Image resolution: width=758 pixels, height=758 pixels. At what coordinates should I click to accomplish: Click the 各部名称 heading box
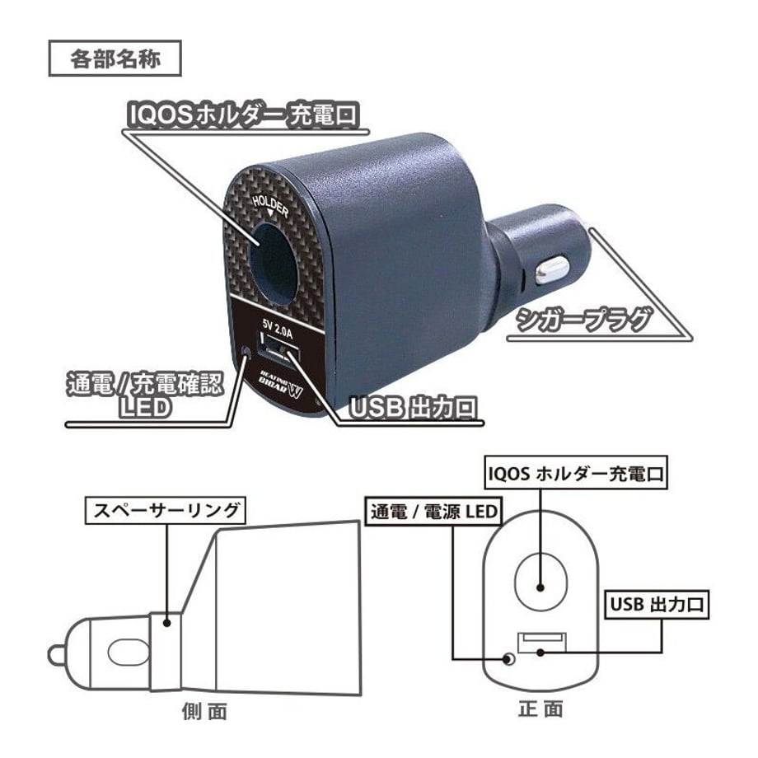(x=115, y=58)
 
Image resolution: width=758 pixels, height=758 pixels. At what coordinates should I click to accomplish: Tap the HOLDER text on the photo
(x=271, y=206)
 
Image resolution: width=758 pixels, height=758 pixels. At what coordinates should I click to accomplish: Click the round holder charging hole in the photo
(x=272, y=264)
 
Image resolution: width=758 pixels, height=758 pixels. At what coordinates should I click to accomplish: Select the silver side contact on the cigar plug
(x=551, y=271)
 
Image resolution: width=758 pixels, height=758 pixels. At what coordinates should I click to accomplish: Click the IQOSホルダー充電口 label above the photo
(x=243, y=115)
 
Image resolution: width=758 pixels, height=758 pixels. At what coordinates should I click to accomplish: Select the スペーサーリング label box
(x=166, y=510)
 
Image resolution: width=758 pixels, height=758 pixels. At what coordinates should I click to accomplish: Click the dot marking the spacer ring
(x=166, y=623)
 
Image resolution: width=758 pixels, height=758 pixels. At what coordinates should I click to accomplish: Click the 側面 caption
(x=204, y=711)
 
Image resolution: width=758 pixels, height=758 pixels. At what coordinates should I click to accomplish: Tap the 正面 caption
(x=540, y=709)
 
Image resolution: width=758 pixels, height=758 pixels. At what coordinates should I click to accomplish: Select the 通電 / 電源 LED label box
(x=433, y=512)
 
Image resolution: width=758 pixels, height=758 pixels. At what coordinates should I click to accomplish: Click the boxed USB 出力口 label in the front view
(x=657, y=604)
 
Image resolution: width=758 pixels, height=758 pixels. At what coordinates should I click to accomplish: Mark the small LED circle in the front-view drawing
(x=508, y=659)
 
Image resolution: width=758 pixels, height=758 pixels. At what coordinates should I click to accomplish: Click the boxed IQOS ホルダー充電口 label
(x=576, y=473)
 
